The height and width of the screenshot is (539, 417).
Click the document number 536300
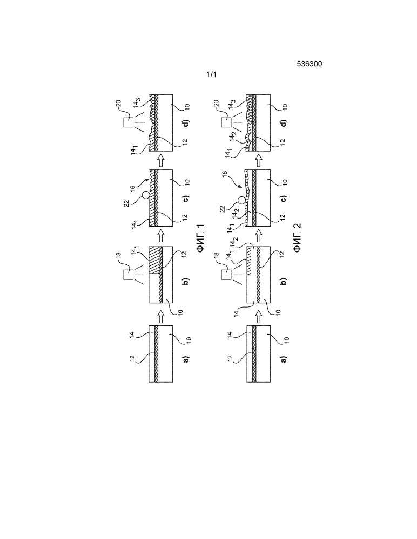point(310,64)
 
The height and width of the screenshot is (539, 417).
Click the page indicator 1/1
point(211,74)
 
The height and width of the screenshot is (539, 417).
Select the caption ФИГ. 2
point(297,237)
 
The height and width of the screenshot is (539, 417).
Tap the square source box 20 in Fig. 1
point(129,122)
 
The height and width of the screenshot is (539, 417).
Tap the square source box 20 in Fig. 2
point(226,122)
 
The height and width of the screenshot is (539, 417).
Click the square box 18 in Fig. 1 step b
point(129,275)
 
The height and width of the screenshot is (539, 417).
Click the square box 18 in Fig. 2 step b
point(226,275)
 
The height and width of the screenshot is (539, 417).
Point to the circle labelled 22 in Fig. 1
point(145,195)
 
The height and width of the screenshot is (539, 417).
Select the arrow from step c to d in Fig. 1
point(160,160)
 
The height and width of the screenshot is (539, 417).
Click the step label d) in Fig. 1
point(186,122)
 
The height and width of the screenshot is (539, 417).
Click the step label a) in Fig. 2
point(284,359)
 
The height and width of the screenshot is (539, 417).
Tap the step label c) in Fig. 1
point(186,199)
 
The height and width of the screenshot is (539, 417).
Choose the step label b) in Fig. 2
point(284,282)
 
